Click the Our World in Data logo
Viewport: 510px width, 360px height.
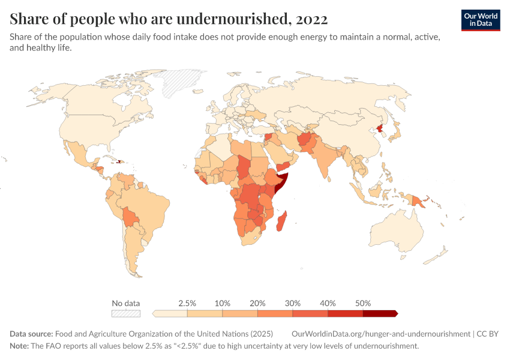[x=480, y=20]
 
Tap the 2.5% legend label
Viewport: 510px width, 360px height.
[x=187, y=303]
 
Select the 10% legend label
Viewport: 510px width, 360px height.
[x=223, y=303]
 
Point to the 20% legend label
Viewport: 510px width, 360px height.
[x=257, y=303]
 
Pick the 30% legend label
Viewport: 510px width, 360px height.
[x=293, y=303]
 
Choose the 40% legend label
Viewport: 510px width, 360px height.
[x=328, y=303]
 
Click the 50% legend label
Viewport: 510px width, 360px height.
[x=363, y=303]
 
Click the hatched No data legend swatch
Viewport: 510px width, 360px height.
[x=126, y=313]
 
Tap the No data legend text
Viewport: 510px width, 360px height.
[x=126, y=303]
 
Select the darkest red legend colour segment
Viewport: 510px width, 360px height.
[x=380, y=313]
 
